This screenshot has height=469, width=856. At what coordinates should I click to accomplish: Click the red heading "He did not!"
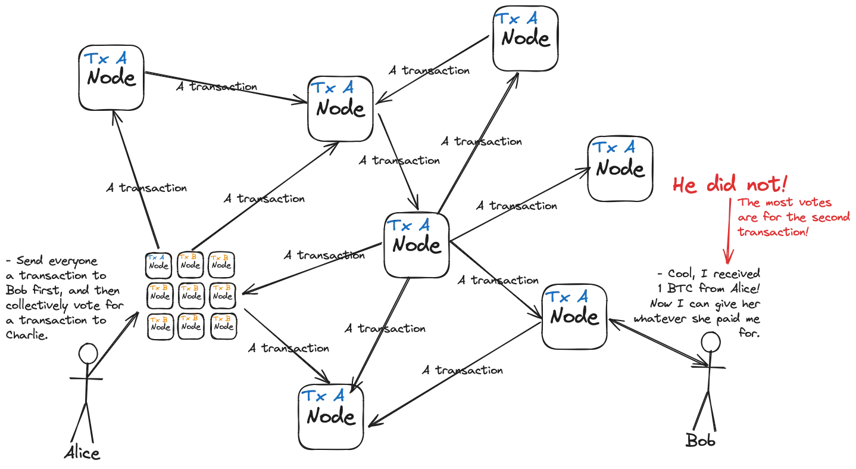coord(720,185)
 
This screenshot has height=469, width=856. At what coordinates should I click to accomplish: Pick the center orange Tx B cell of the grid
coord(189,288)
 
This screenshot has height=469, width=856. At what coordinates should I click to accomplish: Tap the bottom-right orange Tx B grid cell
coord(221,320)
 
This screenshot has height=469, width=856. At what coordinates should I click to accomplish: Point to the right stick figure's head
coord(710,342)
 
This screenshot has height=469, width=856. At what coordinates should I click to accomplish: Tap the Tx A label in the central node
coord(410,226)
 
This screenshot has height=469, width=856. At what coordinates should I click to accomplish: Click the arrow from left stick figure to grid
coord(119,337)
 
